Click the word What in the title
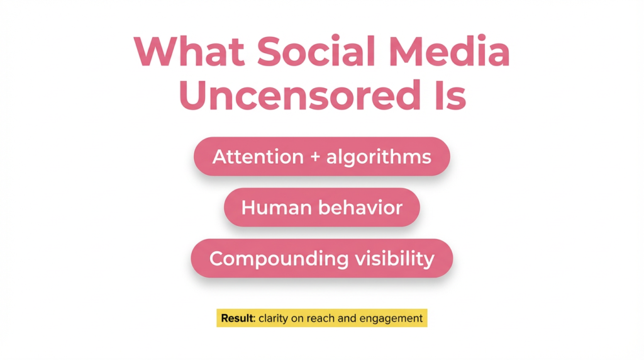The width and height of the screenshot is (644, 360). pos(189,52)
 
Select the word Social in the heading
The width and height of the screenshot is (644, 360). pos(316,52)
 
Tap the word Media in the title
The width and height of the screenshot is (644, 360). pos(449,52)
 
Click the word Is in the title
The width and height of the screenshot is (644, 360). pos(450,95)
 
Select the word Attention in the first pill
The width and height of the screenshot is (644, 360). pos(258,157)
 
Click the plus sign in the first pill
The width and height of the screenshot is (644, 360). pos(315,157)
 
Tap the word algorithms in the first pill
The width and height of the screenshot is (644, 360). pos(379,157)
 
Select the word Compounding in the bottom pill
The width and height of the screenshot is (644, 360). pos(279,259)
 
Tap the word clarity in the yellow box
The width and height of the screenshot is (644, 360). pos(273,318)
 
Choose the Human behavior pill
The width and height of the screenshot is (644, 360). pos(322,208)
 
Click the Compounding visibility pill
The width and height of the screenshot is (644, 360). pos(322,259)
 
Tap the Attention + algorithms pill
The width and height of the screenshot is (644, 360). pos(322,157)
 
